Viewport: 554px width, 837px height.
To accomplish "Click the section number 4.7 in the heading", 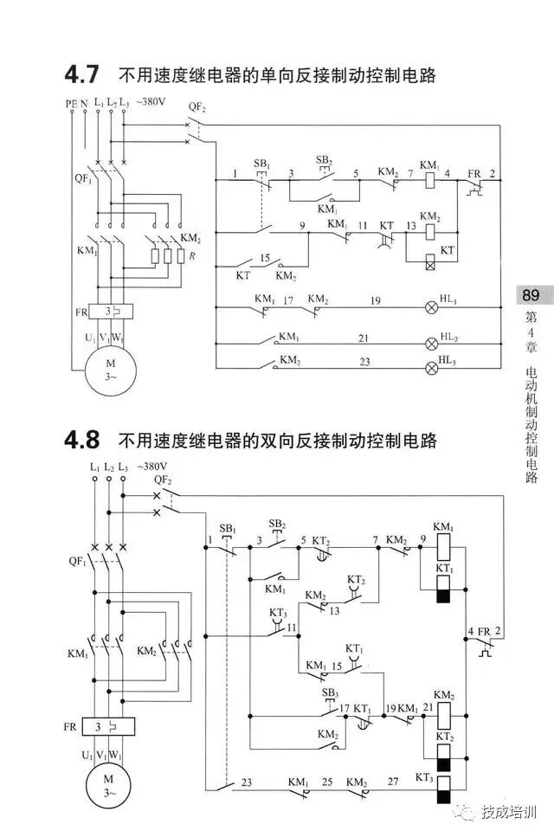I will coord(82,75).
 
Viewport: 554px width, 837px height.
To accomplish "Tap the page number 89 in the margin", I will coord(531,295).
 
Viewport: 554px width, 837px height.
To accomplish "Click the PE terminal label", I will coord(71,103).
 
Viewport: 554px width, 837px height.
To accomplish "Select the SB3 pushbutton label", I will coord(330,692).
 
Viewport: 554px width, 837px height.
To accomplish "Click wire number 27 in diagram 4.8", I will coord(393,782).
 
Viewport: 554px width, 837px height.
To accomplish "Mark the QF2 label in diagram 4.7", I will coord(197,106).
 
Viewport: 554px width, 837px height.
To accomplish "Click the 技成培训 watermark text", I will coord(510,814).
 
